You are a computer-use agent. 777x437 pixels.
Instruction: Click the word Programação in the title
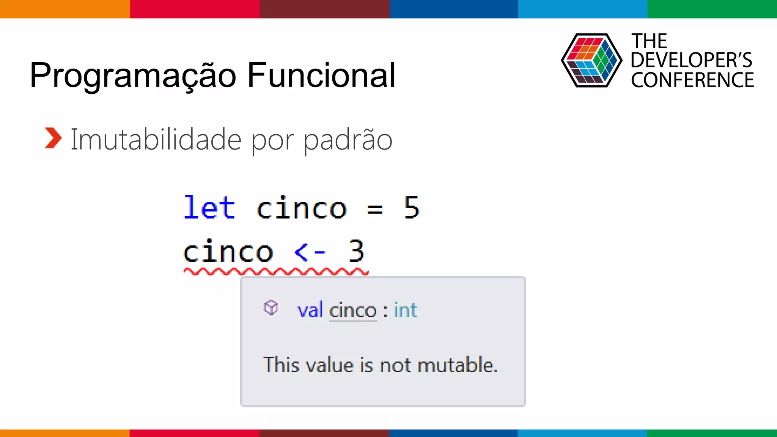click(x=133, y=76)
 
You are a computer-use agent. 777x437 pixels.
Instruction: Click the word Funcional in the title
click(x=321, y=75)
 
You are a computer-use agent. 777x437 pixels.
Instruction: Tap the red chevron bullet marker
click(x=53, y=138)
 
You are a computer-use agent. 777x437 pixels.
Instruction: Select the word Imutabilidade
click(x=156, y=140)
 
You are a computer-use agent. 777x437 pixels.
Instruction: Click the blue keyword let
click(x=209, y=207)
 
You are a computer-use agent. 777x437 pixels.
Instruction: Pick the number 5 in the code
click(x=412, y=207)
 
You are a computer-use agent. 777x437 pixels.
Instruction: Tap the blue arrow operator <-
click(x=310, y=252)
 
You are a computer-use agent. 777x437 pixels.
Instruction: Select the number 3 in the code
click(x=356, y=251)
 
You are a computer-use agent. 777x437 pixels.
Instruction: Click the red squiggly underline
click(x=276, y=271)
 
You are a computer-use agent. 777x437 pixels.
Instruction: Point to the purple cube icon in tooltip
click(x=271, y=308)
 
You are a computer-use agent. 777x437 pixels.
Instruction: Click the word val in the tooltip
click(x=310, y=310)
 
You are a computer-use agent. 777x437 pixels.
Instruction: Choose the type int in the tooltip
click(x=405, y=310)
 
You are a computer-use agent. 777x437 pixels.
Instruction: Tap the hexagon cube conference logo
click(x=591, y=61)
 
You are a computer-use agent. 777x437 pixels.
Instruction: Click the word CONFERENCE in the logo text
click(x=692, y=80)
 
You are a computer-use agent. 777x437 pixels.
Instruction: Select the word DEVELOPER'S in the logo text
click(x=691, y=60)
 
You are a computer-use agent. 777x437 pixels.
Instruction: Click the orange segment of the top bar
click(x=64, y=9)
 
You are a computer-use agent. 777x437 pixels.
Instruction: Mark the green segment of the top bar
click(x=712, y=9)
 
